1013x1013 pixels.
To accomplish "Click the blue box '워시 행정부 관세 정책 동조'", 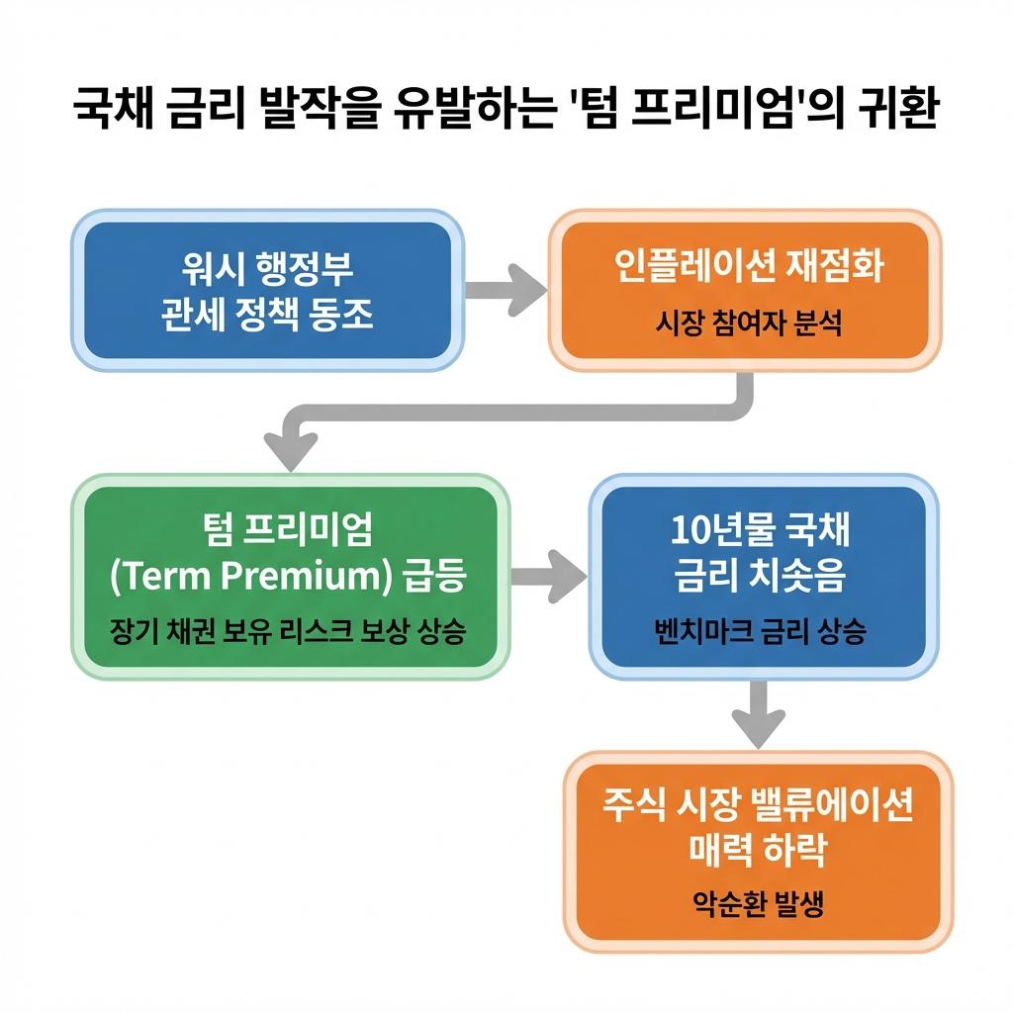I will [x=267, y=290].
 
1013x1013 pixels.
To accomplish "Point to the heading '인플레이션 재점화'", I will [x=748, y=267].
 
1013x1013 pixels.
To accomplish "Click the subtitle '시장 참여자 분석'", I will [x=748, y=322].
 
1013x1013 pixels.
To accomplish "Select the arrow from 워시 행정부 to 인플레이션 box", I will [x=505, y=289].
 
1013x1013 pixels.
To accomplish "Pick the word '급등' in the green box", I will [x=436, y=576].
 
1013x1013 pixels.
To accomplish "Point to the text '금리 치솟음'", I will [x=760, y=576].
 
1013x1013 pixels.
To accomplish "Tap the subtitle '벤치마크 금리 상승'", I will [x=760, y=630].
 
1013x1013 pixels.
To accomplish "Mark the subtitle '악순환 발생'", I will [x=758, y=903].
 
